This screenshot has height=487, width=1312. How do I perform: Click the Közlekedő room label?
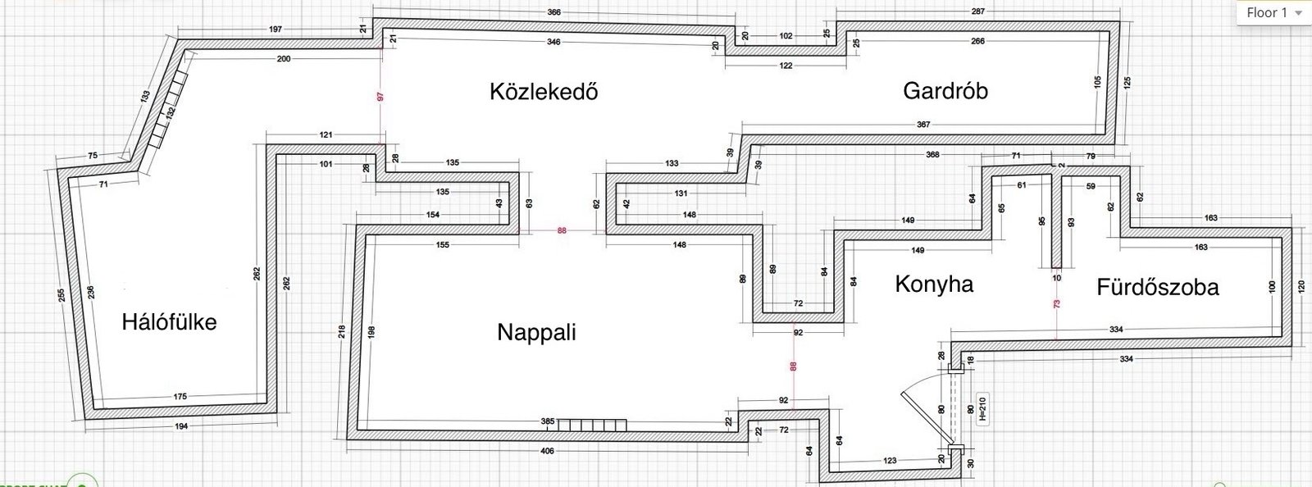coord(544,91)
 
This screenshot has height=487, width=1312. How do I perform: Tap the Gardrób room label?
coord(945,90)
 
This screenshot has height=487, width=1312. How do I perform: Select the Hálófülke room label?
coord(169,321)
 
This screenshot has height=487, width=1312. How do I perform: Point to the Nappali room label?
coord(536,332)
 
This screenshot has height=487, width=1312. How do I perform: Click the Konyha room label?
coord(934,284)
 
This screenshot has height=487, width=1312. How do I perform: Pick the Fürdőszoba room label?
coord(1158,287)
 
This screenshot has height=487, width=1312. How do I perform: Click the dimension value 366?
coord(554,12)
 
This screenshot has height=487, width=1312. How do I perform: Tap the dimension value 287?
coord(977,12)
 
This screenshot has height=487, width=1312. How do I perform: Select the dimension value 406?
coord(548,451)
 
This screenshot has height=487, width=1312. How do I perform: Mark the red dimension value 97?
coord(380,97)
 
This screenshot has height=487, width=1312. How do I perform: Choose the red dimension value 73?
coord(1057,304)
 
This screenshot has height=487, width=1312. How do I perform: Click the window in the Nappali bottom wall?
coord(592,424)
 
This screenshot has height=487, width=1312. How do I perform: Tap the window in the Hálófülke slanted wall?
coord(168,108)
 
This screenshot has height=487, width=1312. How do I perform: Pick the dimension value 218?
coord(342,332)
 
